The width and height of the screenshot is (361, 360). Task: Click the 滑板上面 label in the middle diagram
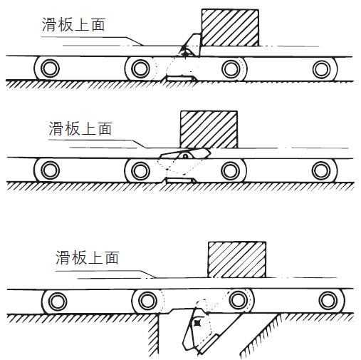80,128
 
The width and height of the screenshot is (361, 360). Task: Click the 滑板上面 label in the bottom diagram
88,257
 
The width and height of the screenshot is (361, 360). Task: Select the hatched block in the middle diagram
209,130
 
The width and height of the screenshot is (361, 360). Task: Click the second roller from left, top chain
140,69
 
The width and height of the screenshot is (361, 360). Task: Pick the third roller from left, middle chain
230,171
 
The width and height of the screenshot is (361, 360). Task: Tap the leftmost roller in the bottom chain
56,301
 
